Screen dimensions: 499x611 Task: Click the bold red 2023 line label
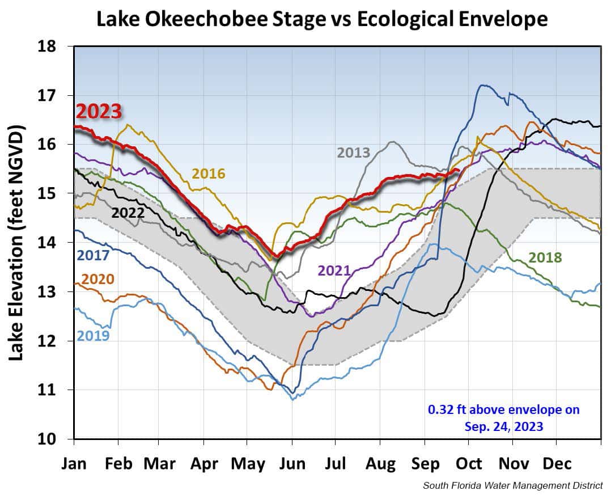[x=99, y=112]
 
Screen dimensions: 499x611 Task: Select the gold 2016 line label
[x=209, y=174]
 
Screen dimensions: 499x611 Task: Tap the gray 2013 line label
[x=353, y=153]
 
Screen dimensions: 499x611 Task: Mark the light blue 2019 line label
[x=93, y=336]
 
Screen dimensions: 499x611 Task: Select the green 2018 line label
[x=545, y=258]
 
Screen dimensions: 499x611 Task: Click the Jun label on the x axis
[x=292, y=463]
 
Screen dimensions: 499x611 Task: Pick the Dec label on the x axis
[x=557, y=463]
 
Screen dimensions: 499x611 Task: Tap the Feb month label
[x=118, y=463]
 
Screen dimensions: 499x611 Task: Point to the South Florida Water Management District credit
[x=513, y=485]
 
